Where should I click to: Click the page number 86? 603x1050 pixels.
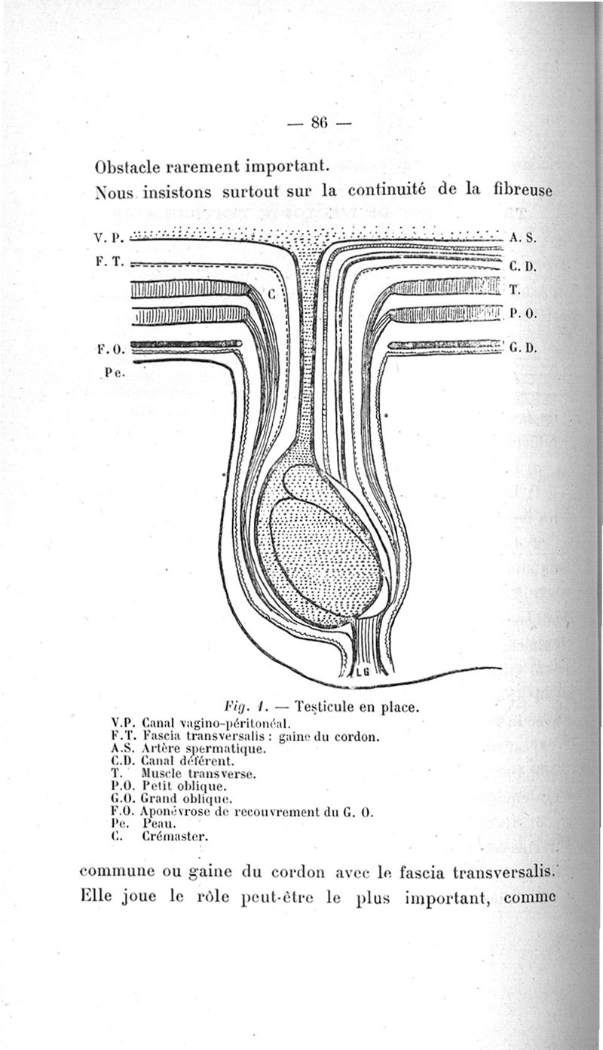coord(317,123)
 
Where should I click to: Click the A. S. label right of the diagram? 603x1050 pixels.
coord(522,237)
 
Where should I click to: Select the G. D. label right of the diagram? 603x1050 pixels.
coord(522,349)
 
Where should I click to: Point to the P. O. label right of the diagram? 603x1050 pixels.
coord(522,314)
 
